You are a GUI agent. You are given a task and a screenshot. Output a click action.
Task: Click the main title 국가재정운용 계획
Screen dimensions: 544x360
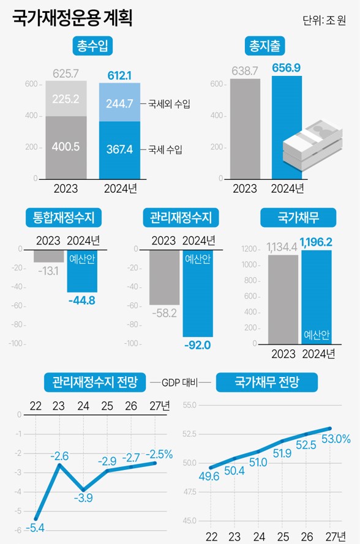click(72, 18)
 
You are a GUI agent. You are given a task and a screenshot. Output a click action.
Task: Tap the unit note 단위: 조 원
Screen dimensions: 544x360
click(324, 20)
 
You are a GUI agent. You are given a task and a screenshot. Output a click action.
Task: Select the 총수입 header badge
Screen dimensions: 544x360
click(92, 47)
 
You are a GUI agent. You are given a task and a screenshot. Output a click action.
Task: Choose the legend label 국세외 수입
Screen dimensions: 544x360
click(169, 104)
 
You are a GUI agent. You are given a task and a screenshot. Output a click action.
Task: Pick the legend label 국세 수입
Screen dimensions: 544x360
click(165, 149)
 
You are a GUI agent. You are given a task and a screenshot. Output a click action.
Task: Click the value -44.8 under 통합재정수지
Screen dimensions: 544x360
click(81, 300)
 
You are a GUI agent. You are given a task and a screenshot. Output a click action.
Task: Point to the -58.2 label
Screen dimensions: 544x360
click(164, 313)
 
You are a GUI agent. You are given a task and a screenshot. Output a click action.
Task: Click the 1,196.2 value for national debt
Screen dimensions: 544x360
click(316, 243)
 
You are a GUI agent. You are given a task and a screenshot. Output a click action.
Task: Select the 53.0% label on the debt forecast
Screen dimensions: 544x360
click(335, 439)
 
